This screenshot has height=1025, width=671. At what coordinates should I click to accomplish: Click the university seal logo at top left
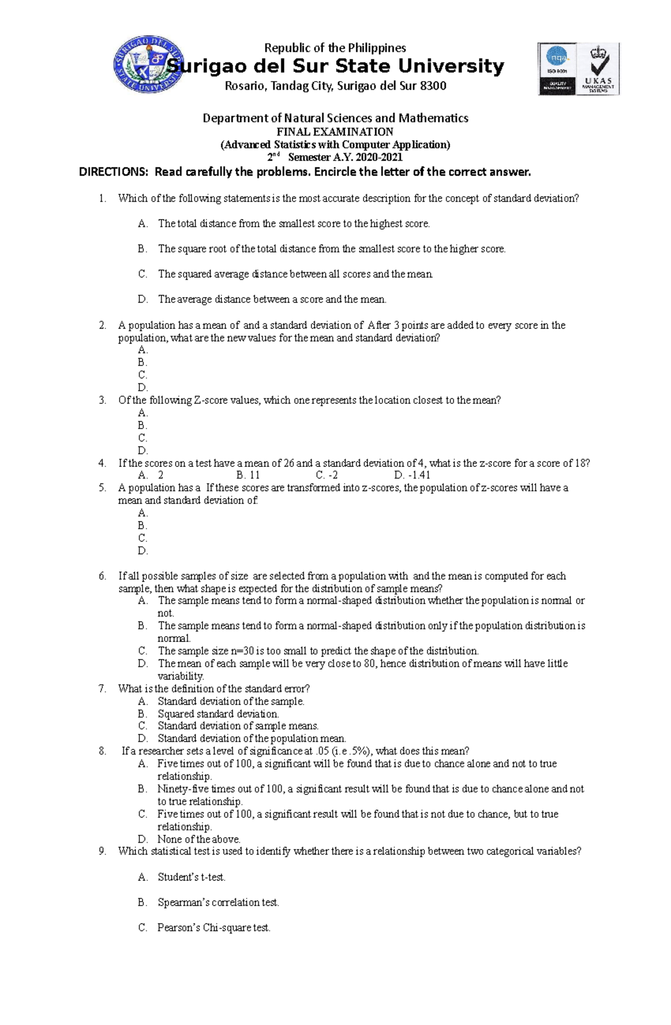149,67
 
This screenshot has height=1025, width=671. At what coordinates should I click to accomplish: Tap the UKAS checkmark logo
598,69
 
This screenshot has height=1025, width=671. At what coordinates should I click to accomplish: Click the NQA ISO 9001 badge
557,69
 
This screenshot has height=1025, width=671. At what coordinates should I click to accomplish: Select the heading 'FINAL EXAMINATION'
335,132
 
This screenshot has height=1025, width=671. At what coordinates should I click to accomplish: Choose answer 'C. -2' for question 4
327,475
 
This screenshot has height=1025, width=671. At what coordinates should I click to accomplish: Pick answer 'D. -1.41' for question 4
412,475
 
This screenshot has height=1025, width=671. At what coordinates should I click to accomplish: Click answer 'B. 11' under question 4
248,475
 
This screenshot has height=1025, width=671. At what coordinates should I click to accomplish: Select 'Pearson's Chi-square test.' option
214,928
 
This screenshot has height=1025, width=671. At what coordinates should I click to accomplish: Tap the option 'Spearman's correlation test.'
218,902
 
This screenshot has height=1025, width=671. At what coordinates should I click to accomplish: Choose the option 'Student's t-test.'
191,877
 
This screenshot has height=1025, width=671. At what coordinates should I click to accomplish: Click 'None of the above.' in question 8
199,839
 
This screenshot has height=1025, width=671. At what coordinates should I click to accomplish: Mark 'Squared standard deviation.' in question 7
218,714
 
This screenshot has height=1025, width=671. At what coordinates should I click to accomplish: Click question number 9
102,851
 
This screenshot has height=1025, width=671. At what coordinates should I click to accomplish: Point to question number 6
102,576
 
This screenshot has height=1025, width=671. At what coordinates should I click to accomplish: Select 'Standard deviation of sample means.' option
238,726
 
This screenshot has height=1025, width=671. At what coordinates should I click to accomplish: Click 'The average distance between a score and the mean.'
272,299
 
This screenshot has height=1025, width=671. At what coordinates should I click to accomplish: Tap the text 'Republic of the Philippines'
335,48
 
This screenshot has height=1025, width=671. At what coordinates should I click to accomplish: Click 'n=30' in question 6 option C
242,651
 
